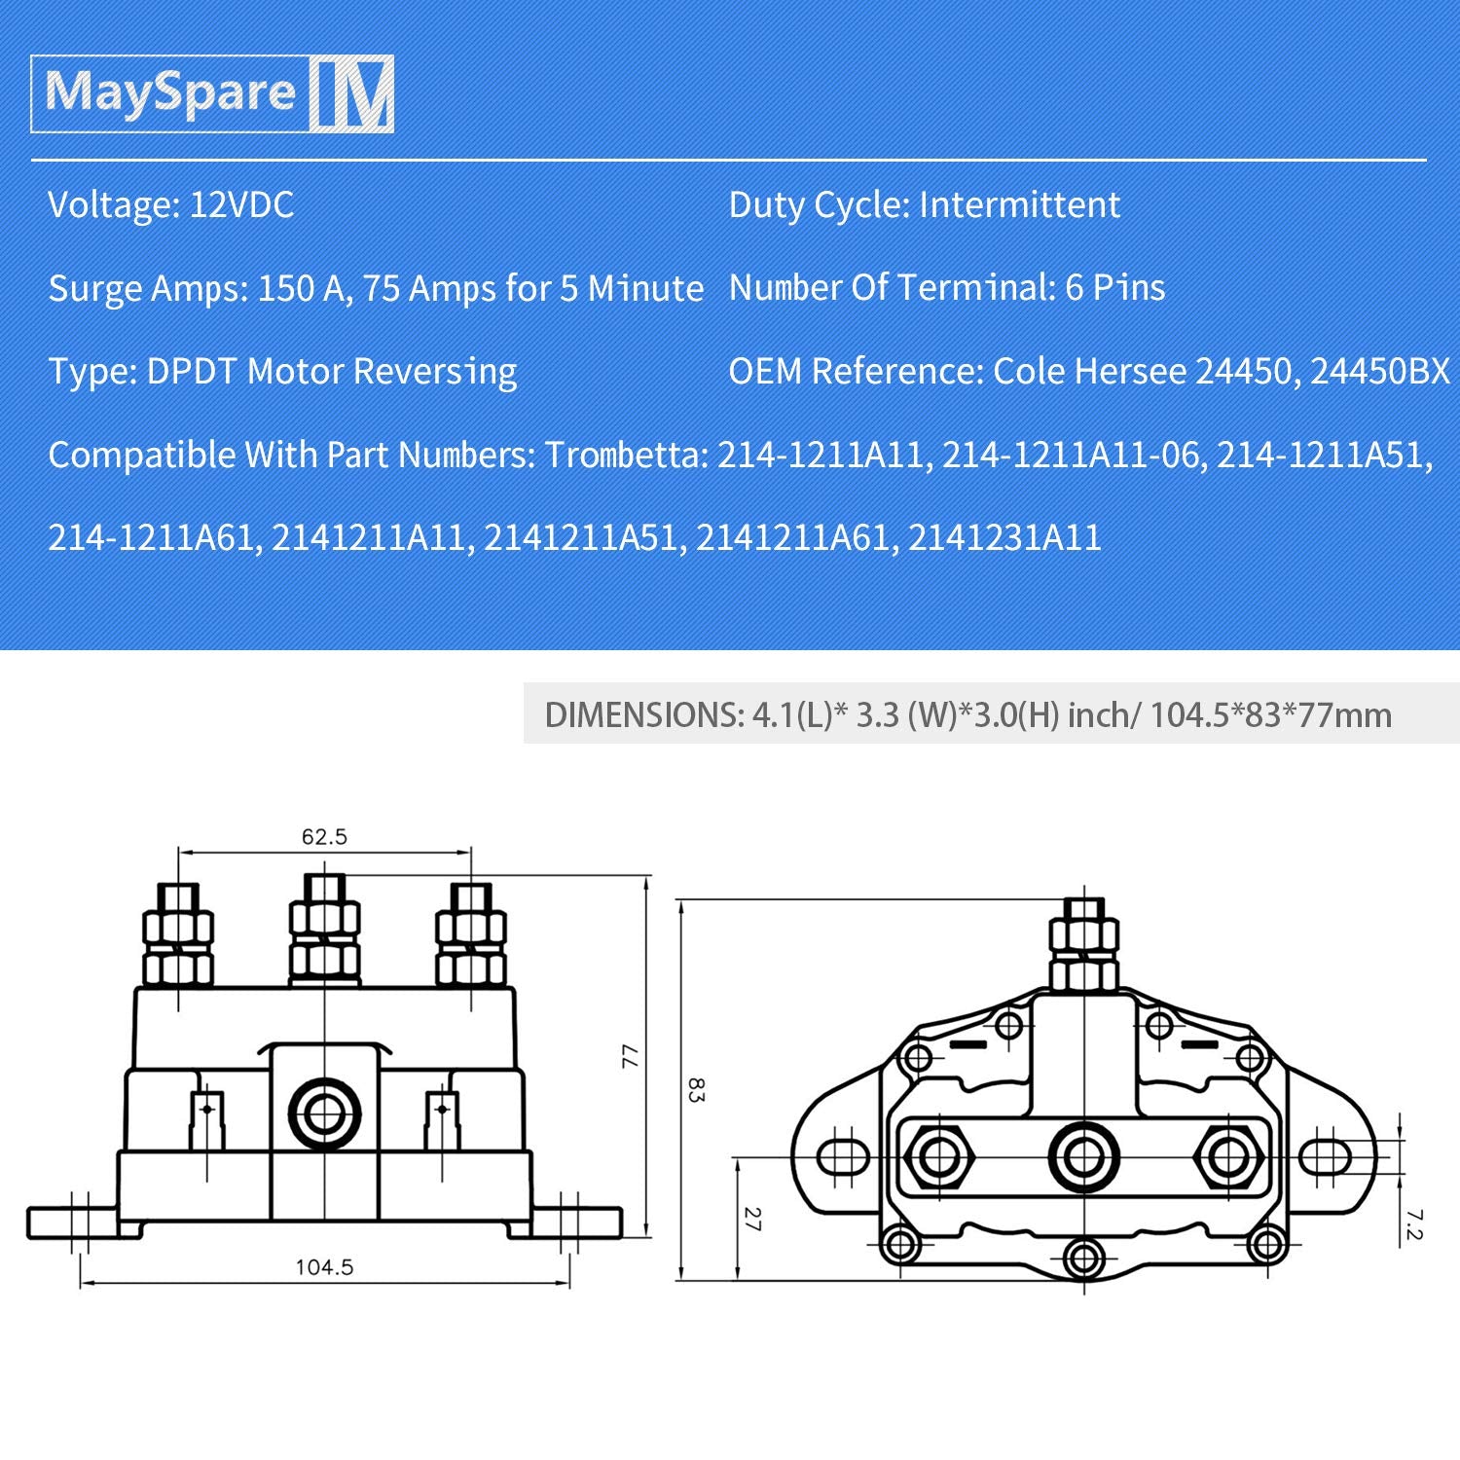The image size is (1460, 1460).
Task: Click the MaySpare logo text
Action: pyautogui.click(x=170, y=93)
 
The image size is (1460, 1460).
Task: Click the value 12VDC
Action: pyautogui.click(x=241, y=205)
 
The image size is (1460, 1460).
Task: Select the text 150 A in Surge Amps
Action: pyautogui.click(x=299, y=289)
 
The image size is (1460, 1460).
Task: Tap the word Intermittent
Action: pyautogui.click(x=1019, y=205)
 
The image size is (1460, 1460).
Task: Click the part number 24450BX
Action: pyautogui.click(x=1379, y=372)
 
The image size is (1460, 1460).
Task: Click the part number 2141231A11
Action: pyautogui.click(x=1004, y=538)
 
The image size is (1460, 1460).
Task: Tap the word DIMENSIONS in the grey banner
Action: pyautogui.click(x=642, y=715)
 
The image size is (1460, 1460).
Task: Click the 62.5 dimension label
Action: pyautogui.click(x=324, y=837)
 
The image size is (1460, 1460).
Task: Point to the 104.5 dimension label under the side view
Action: pyautogui.click(x=324, y=1267)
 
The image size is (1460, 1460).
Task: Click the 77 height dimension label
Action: pyautogui.click(x=631, y=1056)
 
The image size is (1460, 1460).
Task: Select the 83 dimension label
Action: pyautogui.click(x=695, y=1089)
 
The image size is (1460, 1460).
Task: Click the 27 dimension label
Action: pyautogui.click(x=751, y=1219)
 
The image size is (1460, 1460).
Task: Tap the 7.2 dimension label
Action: pyautogui.click(x=1414, y=1224)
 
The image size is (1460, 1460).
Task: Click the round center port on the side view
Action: pyautogui.click(x=324, y=1113)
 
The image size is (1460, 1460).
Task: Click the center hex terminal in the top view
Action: pyautogui.click(x=1083, y=1157)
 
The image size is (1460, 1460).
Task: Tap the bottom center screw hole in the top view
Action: pyautogui.click(x=1083, y=1259)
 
